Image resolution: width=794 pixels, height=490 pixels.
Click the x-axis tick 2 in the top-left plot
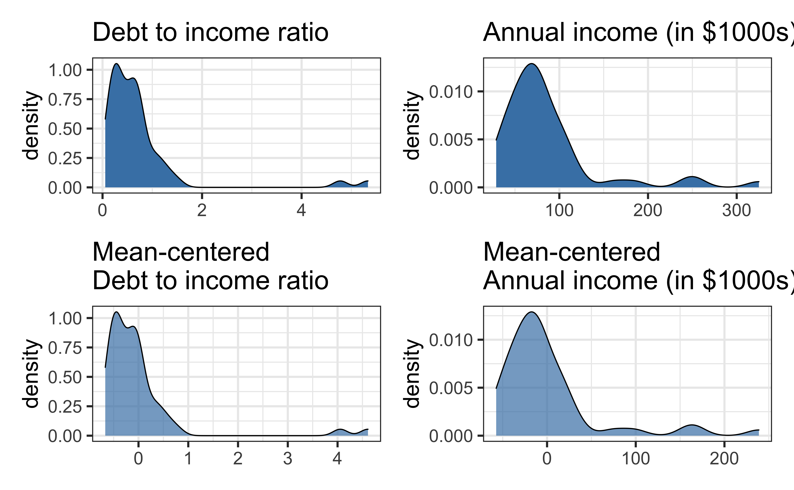tap(202, 211)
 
